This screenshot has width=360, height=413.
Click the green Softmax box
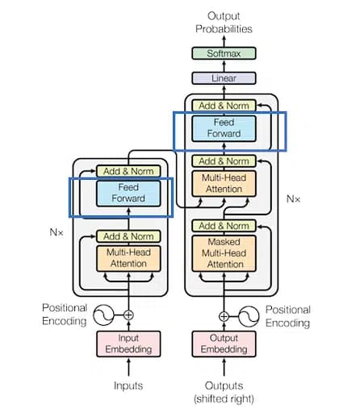pyautogui.click(x=224, y=53)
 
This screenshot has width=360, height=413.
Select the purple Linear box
pyautogui.click(x=224, y=78)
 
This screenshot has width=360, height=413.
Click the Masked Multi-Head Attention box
pyautogui.click(x=224, y=252)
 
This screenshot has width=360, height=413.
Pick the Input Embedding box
pyautogui.click(x=128, y=344)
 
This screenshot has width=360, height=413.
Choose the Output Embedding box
pyautogui.click(x=224, y=344)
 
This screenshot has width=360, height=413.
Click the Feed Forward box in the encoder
pyautogui.click(x=128, y=192)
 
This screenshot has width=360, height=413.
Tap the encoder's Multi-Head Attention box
pyautogui.click(x=128, y=258)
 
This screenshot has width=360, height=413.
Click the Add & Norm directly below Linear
pyautogui.click(x=224, y=106)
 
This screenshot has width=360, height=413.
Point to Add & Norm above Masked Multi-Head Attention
pyautogui.click(x=224, y=226)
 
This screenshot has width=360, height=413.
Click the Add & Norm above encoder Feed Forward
pyautogui.click(x=128, y=171)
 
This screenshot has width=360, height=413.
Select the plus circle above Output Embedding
pyautogui.click(x=224, y=315)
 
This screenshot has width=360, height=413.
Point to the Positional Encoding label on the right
pyautogui.click(x=288, y=316)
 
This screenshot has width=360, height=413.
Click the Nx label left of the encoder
pyautogui.click(x=56, y=232)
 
